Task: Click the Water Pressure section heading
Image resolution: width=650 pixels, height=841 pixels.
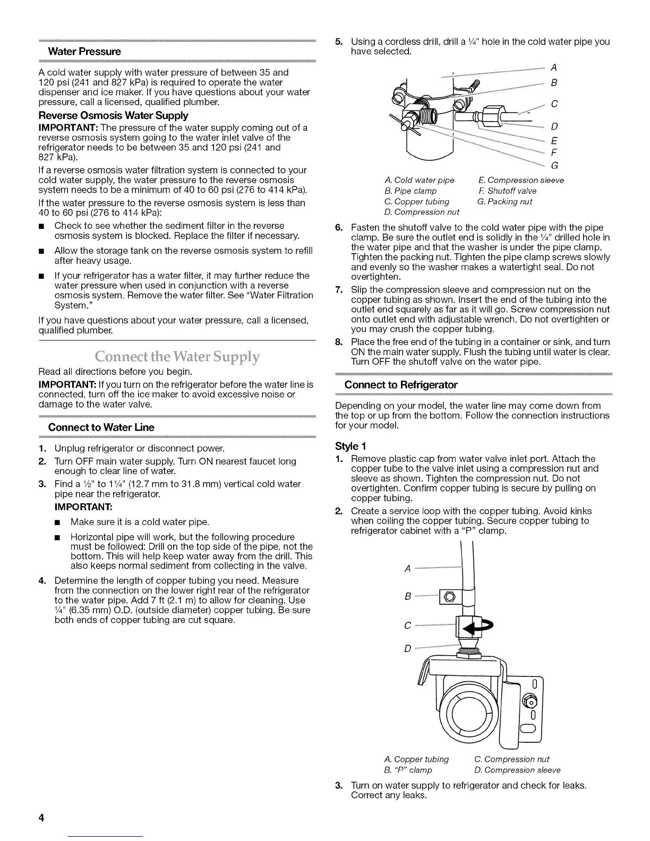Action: (x=84, y=52)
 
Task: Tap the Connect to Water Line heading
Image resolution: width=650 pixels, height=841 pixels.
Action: (x=101, y=427)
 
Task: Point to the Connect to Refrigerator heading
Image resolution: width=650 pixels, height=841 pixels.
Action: (x=401, y=384)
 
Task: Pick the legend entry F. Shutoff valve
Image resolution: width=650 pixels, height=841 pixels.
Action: (x=507, y=191)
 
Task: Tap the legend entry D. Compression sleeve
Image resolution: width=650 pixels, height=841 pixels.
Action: (x=517, y=770)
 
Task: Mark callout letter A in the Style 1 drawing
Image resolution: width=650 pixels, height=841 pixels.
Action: (x=408, y=569)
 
